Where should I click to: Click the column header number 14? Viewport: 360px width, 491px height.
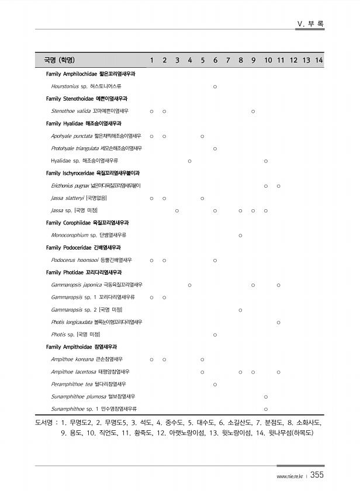[319, 60]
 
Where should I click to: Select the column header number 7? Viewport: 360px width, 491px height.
[228, 60]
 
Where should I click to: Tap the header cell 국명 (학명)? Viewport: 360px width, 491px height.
[59, 60]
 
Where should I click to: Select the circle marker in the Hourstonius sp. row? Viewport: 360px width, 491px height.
[215, 87]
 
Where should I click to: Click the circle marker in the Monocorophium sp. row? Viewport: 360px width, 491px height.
[241, 235]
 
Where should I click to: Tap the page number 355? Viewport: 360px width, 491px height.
[317, 475]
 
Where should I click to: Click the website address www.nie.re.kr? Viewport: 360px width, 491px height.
[290, 476]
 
